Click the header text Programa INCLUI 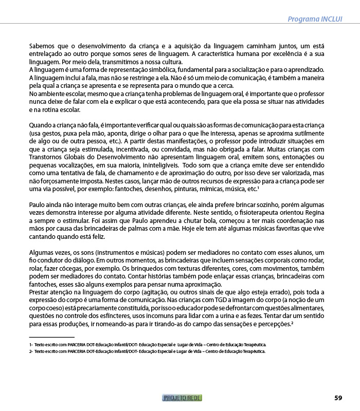[315, 19]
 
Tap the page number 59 [338, 398]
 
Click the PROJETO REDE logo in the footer [182, 398]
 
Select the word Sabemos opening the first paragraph [43, 46]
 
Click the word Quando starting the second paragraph [42, 125]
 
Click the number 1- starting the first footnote [31, 345]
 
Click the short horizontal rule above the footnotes [51, 337]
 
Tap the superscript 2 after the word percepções [292, 323]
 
